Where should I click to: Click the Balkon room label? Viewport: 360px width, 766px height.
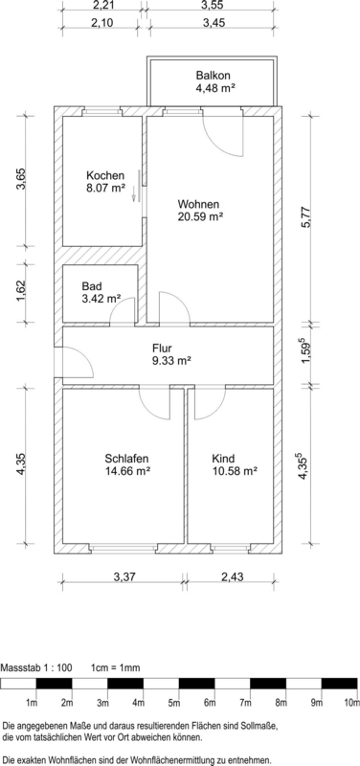tap(213, 76)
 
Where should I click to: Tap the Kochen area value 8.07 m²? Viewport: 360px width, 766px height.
tap(105, 187)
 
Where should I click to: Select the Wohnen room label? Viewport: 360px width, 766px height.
tap(198, 204)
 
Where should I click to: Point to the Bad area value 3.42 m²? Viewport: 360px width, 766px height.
tap(101, 298)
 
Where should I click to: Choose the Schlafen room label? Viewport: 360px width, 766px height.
tap(126, 459)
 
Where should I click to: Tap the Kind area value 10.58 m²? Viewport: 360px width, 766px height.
tap(235, 471)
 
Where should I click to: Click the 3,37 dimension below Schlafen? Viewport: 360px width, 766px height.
tap(124, 577)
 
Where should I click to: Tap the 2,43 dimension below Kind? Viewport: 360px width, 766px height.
tap(232, 577)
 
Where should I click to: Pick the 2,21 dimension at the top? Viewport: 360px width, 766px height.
tap(101, 6)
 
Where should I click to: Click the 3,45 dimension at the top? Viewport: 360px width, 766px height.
tap(210, 23)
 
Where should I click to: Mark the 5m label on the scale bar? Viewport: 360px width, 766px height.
tap(174, 703)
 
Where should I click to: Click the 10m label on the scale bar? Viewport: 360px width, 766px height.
tap(351, 703)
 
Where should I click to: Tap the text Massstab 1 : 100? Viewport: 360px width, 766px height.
tap(37, 667)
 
